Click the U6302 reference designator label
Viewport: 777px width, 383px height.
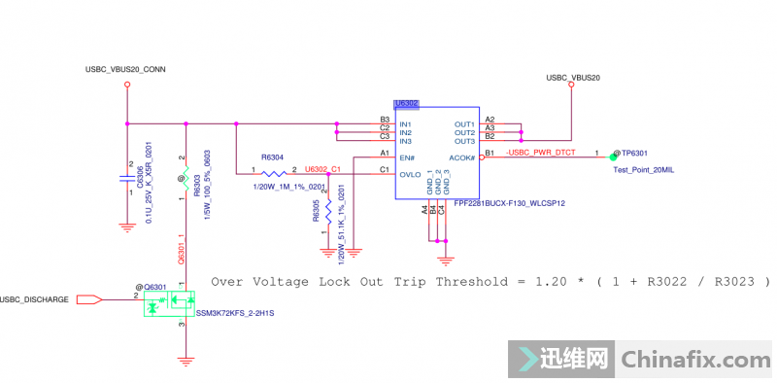(x=406, y=103)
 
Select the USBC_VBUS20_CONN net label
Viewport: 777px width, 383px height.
(x=126, y=69)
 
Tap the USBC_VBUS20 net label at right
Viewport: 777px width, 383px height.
(x=573, y=77)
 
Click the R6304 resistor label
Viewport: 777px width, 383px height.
(x=273, y=157)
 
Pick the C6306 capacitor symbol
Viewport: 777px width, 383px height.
(x=126, y=179)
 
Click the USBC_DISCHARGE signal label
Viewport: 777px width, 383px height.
(x=35, y=299)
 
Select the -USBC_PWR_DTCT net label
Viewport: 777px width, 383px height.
(x=540, y=154)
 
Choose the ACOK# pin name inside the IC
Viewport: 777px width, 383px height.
(x=461, y=157)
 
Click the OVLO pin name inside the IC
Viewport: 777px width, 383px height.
(x=411, y=174)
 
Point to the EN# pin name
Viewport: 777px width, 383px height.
(x=406, y=157)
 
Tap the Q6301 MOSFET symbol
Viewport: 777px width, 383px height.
(x=168, y=304)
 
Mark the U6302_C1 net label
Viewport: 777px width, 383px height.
(x=322, y=169)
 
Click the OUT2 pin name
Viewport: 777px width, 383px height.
(x=464, y=133)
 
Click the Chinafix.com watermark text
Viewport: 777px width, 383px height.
(x=694, y=360)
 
